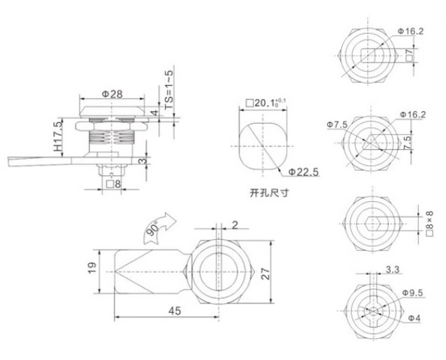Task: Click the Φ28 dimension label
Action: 112,94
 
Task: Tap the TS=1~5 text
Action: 169,90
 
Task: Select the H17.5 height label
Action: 58,136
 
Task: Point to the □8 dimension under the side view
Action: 114,184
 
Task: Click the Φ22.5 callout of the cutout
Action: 303,172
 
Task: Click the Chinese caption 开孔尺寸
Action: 269,193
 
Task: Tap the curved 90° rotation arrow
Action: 159,229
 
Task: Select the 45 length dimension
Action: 174,311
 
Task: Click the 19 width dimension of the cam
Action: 92,269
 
